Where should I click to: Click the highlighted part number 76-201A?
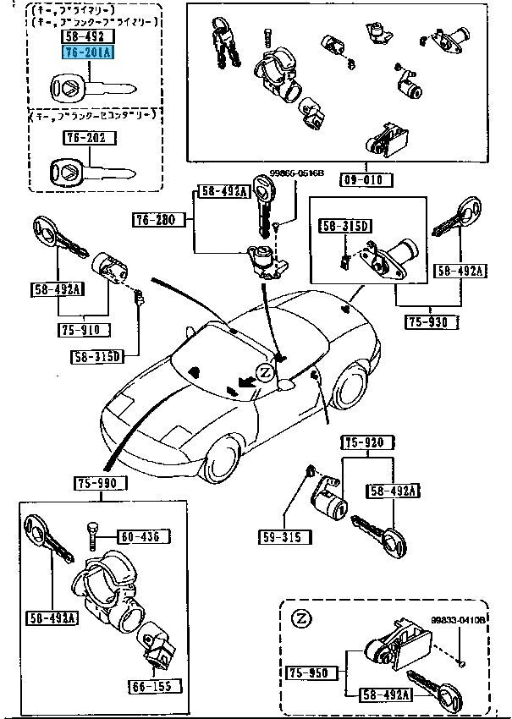87,52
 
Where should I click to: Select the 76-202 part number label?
89,137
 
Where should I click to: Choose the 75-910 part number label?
80,330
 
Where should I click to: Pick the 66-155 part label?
150,685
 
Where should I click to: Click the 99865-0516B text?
297,173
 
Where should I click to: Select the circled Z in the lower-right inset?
299,619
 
